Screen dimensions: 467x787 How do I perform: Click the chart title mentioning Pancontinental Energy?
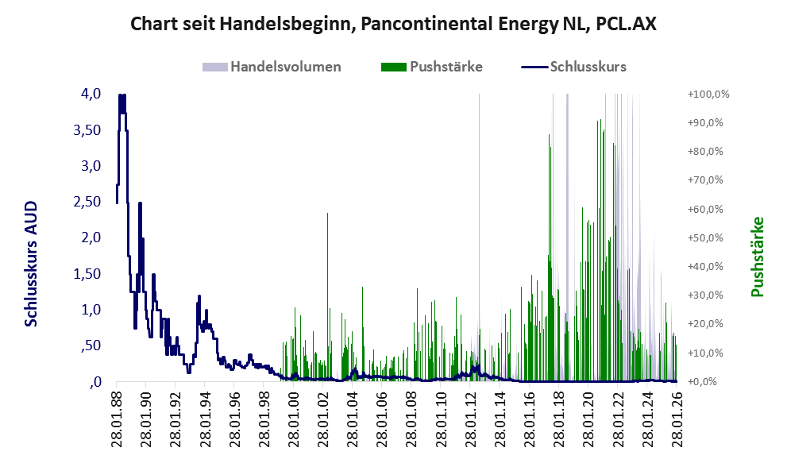tap(393, 24)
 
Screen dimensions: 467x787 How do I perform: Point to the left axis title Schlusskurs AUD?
tap(31, 264)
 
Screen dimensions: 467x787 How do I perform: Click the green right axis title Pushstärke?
tap(756, 257)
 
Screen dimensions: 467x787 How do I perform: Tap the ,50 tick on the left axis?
tap(88, 345)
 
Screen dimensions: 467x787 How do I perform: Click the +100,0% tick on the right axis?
tap(708, 95)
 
